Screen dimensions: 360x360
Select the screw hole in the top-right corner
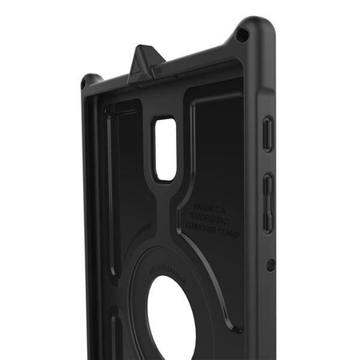[242, 34]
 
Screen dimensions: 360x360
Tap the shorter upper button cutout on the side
[268, 134]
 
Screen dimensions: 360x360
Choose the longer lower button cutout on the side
[269, 203]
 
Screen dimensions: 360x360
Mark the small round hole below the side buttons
[270, 265]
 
